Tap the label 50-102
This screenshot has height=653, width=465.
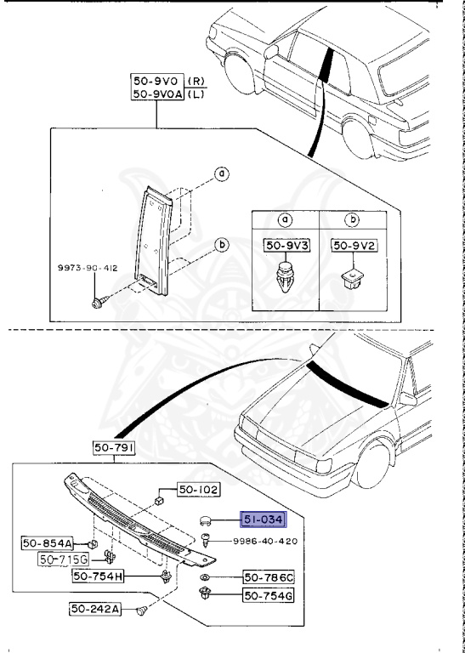198,490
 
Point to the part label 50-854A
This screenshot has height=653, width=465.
48,543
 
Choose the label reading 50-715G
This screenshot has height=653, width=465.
63,559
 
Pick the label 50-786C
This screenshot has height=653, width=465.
269,577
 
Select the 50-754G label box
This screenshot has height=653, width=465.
269,595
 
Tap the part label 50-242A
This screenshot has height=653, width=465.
94,610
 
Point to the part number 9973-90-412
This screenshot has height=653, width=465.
88,269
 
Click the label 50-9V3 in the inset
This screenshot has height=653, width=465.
286,247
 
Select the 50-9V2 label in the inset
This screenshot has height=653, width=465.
354,247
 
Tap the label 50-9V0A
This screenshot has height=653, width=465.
157,94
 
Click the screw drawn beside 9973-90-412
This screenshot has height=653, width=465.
100,302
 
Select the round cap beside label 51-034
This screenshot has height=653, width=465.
205,520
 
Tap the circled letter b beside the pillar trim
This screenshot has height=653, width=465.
223,245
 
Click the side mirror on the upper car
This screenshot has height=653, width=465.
271,52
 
